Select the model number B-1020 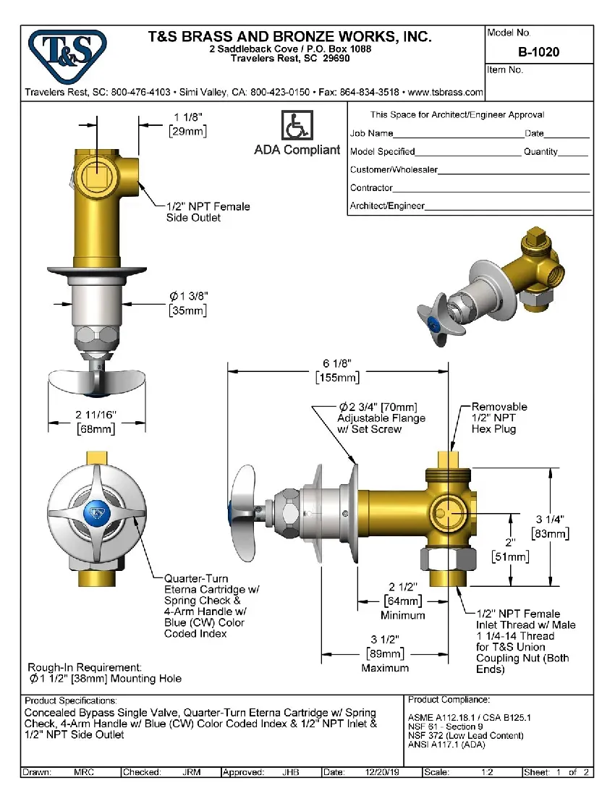click(538, 52)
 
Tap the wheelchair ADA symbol click(296, 126)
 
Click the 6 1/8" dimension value click(338, 364)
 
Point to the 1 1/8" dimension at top click(187, 117)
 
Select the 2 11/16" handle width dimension click(96, 415)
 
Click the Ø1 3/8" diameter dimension click(188, 296)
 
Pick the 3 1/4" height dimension click(550, 519)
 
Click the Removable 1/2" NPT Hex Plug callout click(499, 418)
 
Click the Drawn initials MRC click(84, 772)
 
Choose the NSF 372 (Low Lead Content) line click(465, 735)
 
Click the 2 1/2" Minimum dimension click(404, 601)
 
